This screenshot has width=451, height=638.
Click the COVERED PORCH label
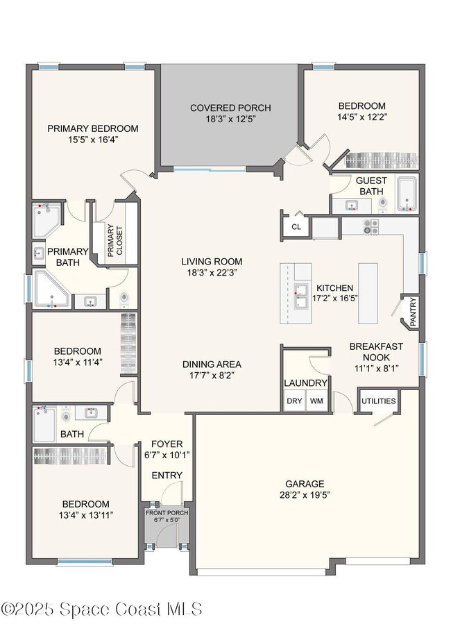[x=230, y=108]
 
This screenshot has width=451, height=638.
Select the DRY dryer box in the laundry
[x=293, y=401]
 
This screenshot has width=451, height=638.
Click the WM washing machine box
[x=316, y=401]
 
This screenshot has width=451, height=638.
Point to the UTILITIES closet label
[x=378, y=401]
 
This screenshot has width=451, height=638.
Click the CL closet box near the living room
[x=296, y=226]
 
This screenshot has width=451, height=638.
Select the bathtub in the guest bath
[x=407, y=194]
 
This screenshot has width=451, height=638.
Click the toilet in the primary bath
[x=124, y=299]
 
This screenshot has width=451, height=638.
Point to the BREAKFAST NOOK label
[x=375, y=351]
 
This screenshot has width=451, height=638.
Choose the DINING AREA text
[x=212, y=364]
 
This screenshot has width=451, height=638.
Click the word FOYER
[x=167, y=444]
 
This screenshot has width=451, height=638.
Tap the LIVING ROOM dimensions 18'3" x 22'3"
[x=212, y=274]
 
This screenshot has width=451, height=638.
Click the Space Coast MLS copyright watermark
[x=102, y=609]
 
